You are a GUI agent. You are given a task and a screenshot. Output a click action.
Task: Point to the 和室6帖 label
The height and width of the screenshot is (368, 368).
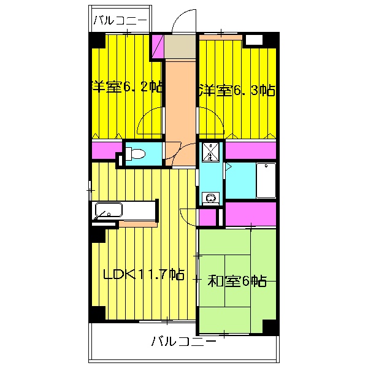coord(237,282)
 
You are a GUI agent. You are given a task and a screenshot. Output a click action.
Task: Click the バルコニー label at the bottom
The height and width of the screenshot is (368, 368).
coord(183,340)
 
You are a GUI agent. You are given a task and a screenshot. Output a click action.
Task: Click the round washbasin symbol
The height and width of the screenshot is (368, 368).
coord(210,198)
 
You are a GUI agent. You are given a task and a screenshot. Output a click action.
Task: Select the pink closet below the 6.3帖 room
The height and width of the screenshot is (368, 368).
coord(250,150)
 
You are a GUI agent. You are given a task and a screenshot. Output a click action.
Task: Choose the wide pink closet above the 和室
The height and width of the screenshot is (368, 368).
coord(251,213)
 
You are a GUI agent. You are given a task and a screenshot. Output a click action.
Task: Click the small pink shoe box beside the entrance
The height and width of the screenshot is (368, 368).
coord(158,47)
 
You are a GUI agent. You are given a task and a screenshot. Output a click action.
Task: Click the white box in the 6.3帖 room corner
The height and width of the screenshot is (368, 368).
coord(254,40)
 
